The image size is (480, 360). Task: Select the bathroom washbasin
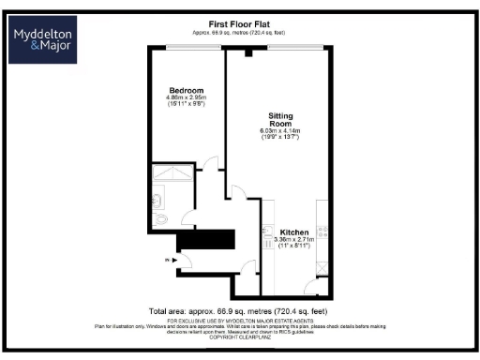(x=157, y=198)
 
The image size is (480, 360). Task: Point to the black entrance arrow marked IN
(x=173, y=260)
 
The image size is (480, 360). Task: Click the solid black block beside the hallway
(x=205, y=240)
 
